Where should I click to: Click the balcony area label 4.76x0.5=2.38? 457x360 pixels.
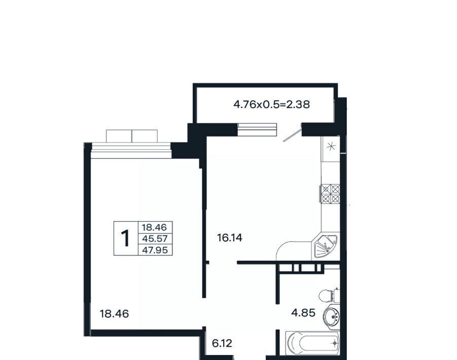pyautogui.click(x=272, y=104)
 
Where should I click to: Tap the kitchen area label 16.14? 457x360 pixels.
pyautogui.click(x=230, y=238)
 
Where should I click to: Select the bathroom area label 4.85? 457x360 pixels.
pyautogui.click(x=303, y=313)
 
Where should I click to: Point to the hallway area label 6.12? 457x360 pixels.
pyautogui.click(x=222, y=344)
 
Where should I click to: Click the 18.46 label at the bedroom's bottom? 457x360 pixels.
pyautogui.click(x=114, y=314)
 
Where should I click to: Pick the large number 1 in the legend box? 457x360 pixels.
pyautogui.click(x=126, y=238)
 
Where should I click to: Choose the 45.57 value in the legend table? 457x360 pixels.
pyautogui.click(x=155, y=239)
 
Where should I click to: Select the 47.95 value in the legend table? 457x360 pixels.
pyautogui.click(x=155, y=250)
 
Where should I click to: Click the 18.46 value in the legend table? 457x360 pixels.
pyautogui.click(x=154, y=227)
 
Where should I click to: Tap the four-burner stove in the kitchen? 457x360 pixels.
pyautogui.click(x=331, y=194)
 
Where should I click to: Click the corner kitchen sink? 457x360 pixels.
pyautogui.click(x=325, y=245)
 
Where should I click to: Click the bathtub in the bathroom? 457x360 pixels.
pyautogui.click(x=312, y=343)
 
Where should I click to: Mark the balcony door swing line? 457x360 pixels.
pyautogui.click(x=293, y=133)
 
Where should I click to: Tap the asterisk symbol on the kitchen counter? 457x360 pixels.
pyautogui.click(x=331, y=147)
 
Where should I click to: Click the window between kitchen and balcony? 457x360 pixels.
pyautogui.click(x=257, y=130)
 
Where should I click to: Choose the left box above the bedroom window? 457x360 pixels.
pyautogui.click(x=119, y=136)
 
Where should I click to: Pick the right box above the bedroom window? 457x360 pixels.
pyautogui.click(x=145, y=136)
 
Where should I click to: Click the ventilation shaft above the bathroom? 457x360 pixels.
pyautogui.click(x=301, y=268)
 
